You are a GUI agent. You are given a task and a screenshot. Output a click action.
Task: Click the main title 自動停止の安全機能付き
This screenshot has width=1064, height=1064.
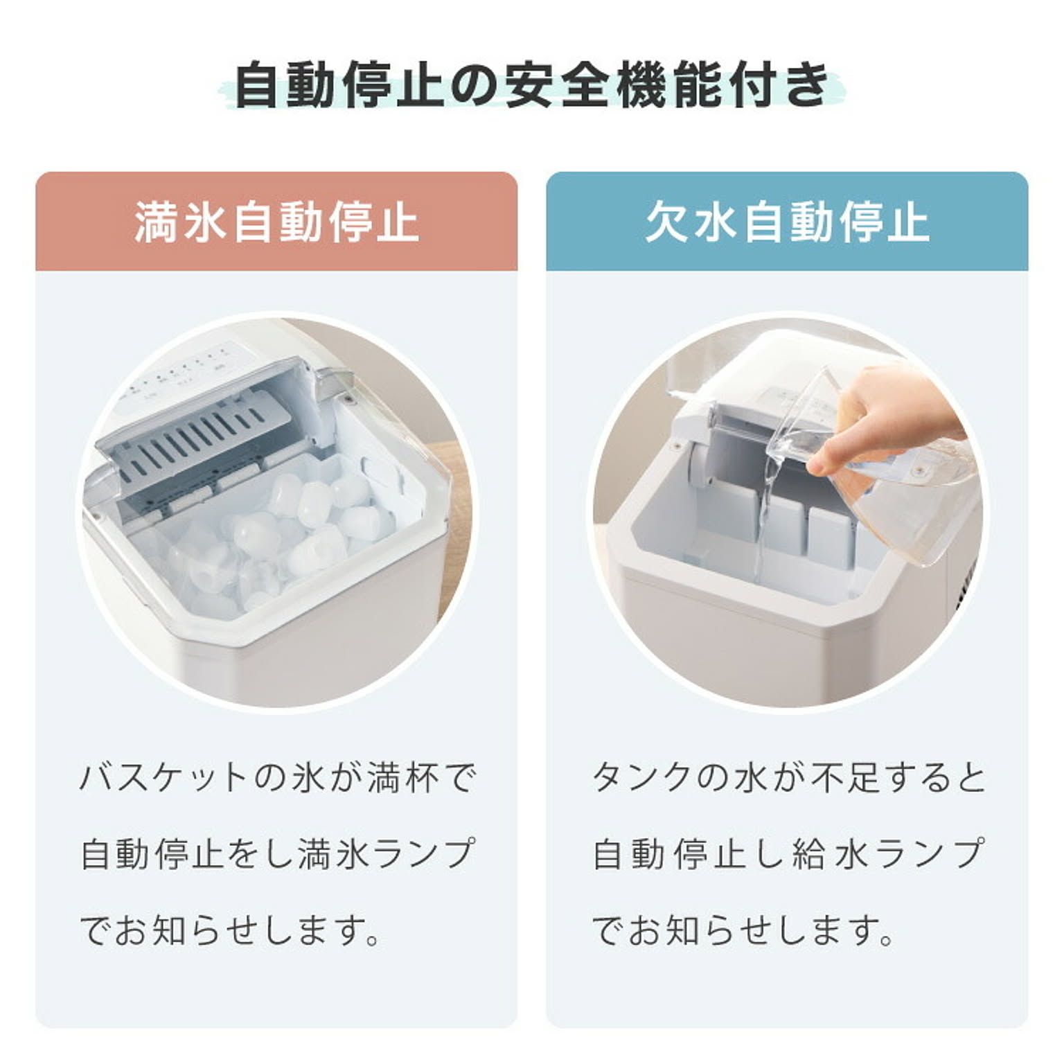[x=531, y=86]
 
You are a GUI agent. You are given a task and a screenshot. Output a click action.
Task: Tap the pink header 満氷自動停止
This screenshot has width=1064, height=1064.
[x=276, y=222]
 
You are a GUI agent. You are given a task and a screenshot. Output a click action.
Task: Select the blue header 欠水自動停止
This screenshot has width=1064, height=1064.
[x=787, y=222]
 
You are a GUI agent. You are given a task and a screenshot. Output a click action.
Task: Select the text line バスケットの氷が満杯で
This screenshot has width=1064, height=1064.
[x=276, y=777]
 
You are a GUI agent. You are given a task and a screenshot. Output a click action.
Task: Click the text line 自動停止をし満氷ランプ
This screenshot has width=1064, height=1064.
[x=276, y=853]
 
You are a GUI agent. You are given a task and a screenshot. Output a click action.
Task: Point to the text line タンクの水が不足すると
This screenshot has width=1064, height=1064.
[x=788, y=777]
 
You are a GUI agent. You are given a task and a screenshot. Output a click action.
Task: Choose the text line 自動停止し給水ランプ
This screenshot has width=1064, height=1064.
[x=788, y=853]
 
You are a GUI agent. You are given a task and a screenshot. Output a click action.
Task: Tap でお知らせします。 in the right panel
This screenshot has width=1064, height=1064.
[x=743, y=930]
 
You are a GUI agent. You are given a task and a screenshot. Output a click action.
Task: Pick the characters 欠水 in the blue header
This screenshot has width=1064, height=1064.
[x=691, y=222]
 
